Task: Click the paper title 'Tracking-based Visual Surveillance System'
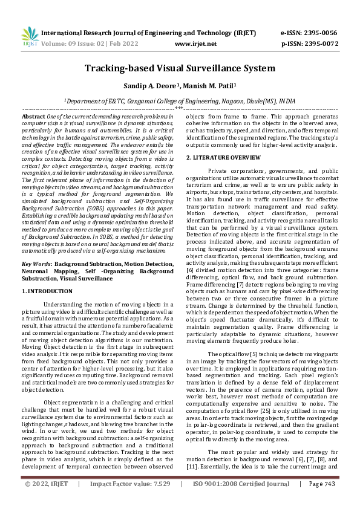[180, 70]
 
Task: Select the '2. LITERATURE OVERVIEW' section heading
[223, 158]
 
